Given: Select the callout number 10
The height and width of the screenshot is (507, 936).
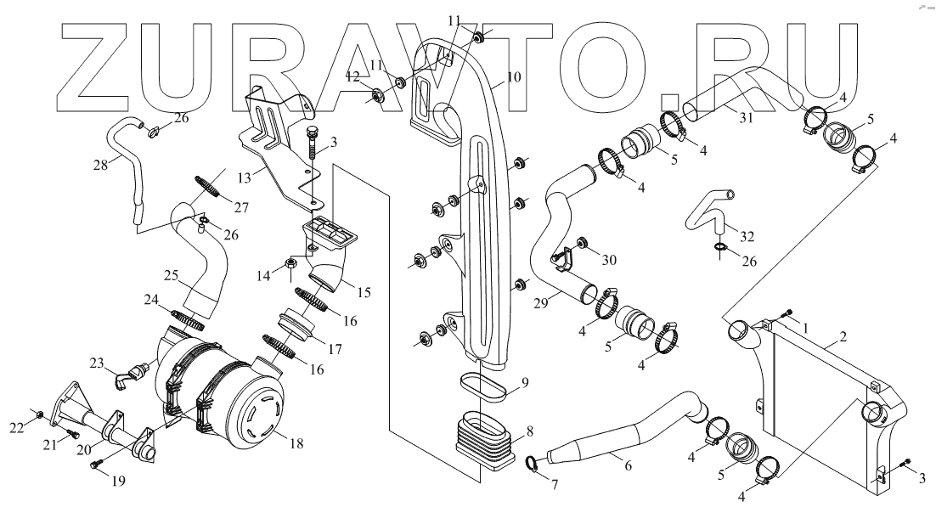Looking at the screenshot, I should [513, 76].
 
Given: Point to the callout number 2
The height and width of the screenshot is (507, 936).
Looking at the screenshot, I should [842, 337].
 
